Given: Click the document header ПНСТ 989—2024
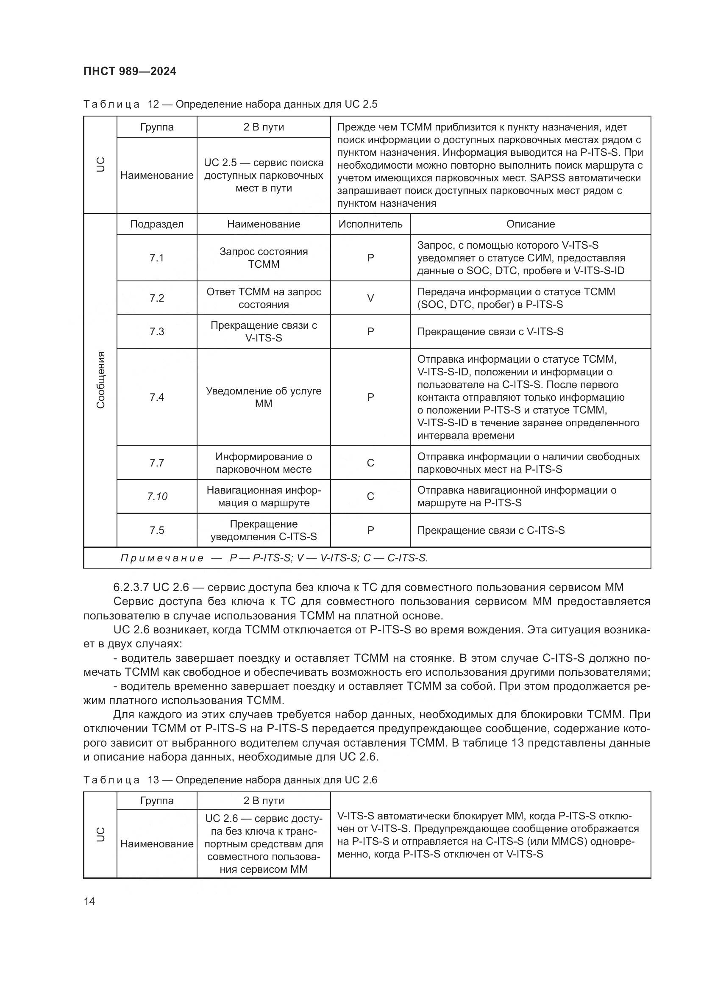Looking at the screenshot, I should [x=130, y=71].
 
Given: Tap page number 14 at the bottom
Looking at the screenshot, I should [x=89, y=901].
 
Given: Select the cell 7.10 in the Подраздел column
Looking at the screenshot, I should [x=157, y=497].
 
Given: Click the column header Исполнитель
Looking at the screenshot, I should [x=370, y=224].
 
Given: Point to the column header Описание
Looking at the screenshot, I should [x=530, y=224].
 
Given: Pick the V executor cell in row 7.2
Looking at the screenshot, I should [x=370, y=298].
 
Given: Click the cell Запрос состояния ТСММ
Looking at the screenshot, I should [x=263, y=258].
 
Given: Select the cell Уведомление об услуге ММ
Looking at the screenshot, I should [x=263, y=397].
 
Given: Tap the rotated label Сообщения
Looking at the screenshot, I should [x=100, y=380].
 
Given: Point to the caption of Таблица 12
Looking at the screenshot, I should [x=230, y=104].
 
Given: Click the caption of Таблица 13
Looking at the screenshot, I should [x=230, y=780].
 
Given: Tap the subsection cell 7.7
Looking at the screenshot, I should [x=157, y=463].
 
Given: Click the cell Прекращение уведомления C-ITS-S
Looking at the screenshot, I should [x=263, y=530].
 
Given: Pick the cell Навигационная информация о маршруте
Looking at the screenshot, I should [x=263, y=497].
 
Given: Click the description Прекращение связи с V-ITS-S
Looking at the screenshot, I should [x=490, y=331].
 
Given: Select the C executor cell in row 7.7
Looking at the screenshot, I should [x=370, y=463].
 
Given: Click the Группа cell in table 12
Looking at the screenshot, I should [x=157, y=127].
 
